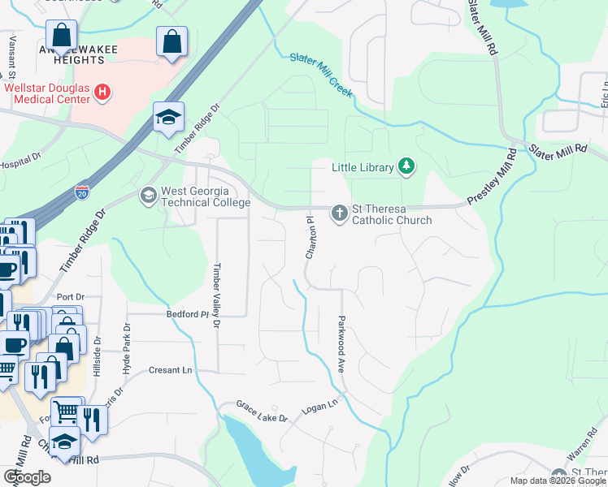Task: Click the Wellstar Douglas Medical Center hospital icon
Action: [x=102, y=93]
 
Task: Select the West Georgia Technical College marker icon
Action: [x=148, y=196]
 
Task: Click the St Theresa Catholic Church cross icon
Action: [x=339, y=213]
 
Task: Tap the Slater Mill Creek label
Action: [x=322, y=75]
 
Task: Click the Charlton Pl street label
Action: [x=310, y=237]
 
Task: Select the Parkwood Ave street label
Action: [x=342, y=344]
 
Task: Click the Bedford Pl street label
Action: [x=184, y=314]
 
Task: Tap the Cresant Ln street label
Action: [x=171, y=370]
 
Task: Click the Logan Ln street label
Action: [x=320, y=403]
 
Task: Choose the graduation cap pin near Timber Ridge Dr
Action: [x=169, y=117]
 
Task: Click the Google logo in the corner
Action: [x=27, y=477]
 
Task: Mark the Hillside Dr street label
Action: [x=97, y=356]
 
